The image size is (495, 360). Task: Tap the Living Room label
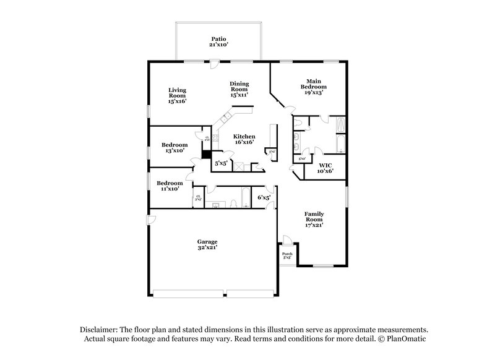(177, 95)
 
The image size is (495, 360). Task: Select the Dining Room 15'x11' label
(239, 90)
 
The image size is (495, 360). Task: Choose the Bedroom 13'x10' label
(170, 148)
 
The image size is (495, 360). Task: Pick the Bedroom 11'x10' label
(170, 186)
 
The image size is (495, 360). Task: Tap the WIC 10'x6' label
(325, 168)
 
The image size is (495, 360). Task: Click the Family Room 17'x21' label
(314, 220)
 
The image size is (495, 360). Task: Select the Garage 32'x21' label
(207, 244)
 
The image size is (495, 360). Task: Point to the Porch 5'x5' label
(287, 255)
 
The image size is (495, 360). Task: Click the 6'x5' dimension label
(264, 197)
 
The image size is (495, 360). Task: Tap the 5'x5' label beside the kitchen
(221, 163)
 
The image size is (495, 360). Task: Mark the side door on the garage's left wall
(148, 221)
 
